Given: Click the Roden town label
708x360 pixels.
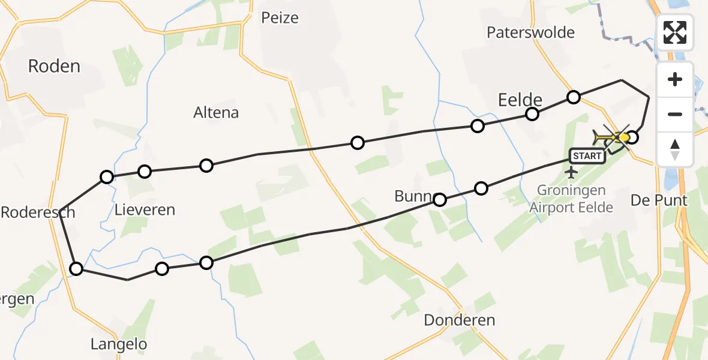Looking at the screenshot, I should click(54, 66).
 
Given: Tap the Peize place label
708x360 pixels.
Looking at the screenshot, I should click(280, 18).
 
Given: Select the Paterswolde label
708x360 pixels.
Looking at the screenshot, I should click(530, 32).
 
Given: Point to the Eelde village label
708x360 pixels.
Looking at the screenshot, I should click(520, 100).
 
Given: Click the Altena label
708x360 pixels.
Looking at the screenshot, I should click(216, 112).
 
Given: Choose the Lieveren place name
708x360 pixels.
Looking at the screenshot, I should click(145, 210).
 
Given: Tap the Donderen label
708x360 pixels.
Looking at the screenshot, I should click(459, 320).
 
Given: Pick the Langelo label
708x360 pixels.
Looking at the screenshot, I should click(119, 344).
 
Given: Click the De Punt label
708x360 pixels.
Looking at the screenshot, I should click(659, 200).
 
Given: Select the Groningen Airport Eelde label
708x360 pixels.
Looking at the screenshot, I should click(571, 199).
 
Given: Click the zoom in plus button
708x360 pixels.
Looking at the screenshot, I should click(675, 80).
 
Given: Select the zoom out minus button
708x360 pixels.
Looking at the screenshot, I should click(675, 114).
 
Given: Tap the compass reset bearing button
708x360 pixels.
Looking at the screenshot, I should click(675, 149).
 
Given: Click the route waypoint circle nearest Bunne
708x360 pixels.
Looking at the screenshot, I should click(440, 200).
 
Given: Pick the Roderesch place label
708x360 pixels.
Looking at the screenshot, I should click(38, 212).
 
